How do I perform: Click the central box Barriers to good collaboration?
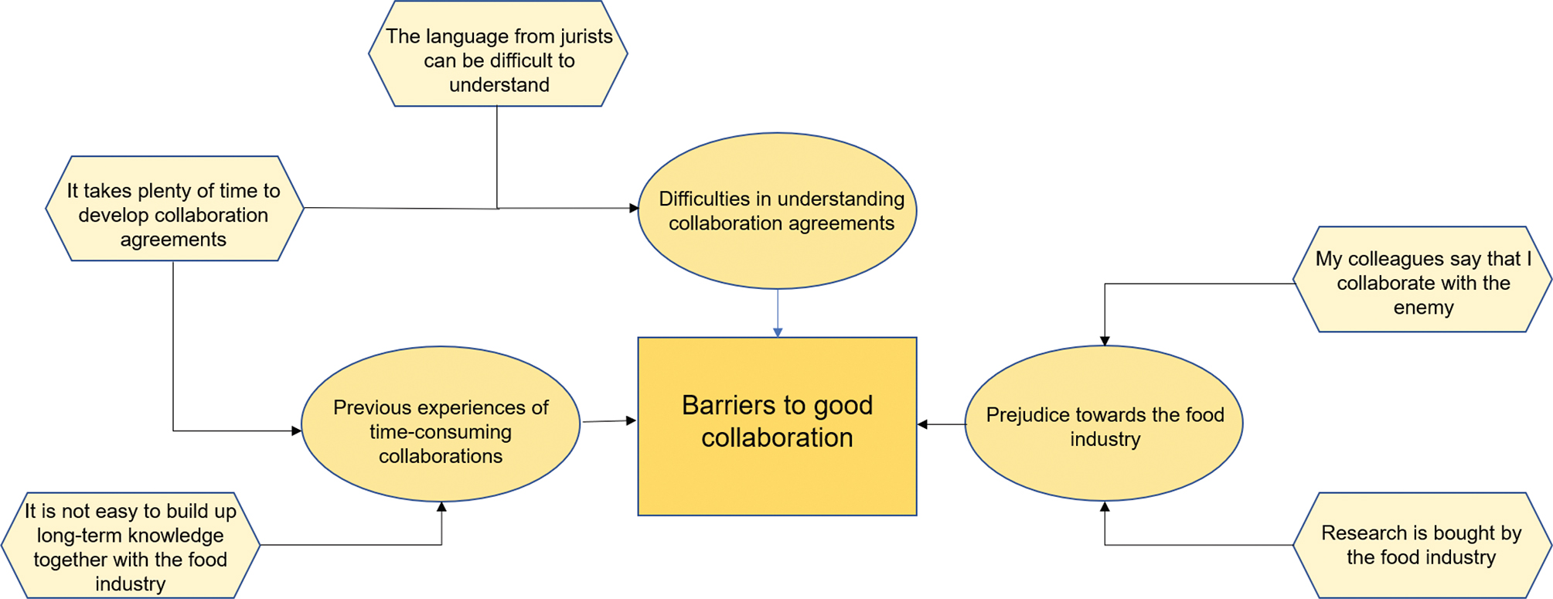pos(777,426)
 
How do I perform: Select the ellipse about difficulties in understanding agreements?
pos(778,211)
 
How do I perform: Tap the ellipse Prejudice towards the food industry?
pos(1104,424)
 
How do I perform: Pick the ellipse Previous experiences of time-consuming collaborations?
pos(441,424)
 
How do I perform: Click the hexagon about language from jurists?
pos(498,54)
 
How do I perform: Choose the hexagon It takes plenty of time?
pos(175,209)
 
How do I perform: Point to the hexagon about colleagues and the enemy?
pos(1422,279)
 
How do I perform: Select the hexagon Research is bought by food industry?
pos(1422,545)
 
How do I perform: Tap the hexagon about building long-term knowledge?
pos(131,545)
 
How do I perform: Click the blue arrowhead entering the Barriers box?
pos(778,332)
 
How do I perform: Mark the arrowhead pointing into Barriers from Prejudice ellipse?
pos(922,424)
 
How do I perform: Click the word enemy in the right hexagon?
pos(1423,308)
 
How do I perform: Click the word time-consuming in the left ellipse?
pos(441,432)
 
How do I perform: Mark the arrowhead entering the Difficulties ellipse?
pos(634,208)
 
